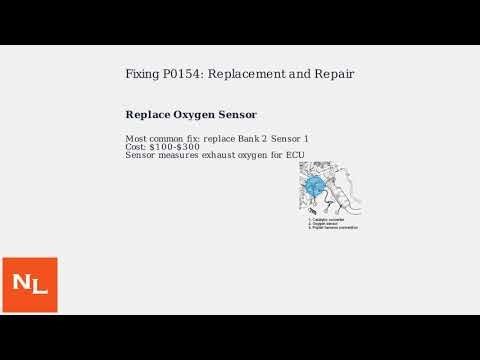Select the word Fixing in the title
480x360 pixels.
tap(141, 74)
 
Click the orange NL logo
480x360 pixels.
tap(29, 284)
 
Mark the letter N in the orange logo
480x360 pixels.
tap(22, 283)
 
